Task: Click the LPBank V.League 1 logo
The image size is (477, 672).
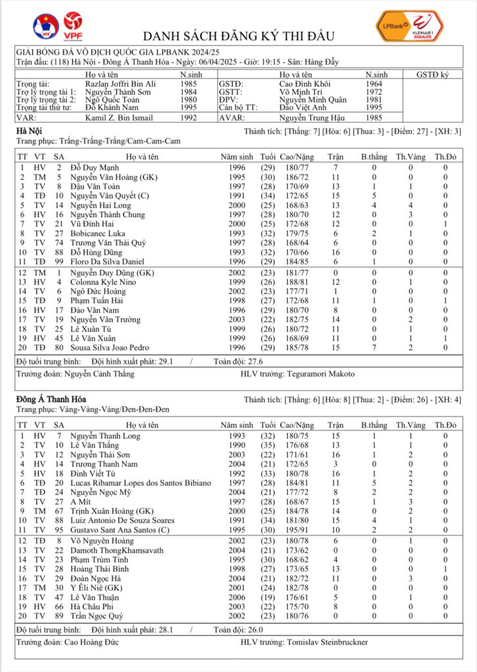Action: click(409, 26)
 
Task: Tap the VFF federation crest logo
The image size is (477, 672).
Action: click(45, 26)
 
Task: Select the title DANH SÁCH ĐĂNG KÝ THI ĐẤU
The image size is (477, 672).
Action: click(238, 35)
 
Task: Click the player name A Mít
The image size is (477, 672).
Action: click(81, 502)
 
